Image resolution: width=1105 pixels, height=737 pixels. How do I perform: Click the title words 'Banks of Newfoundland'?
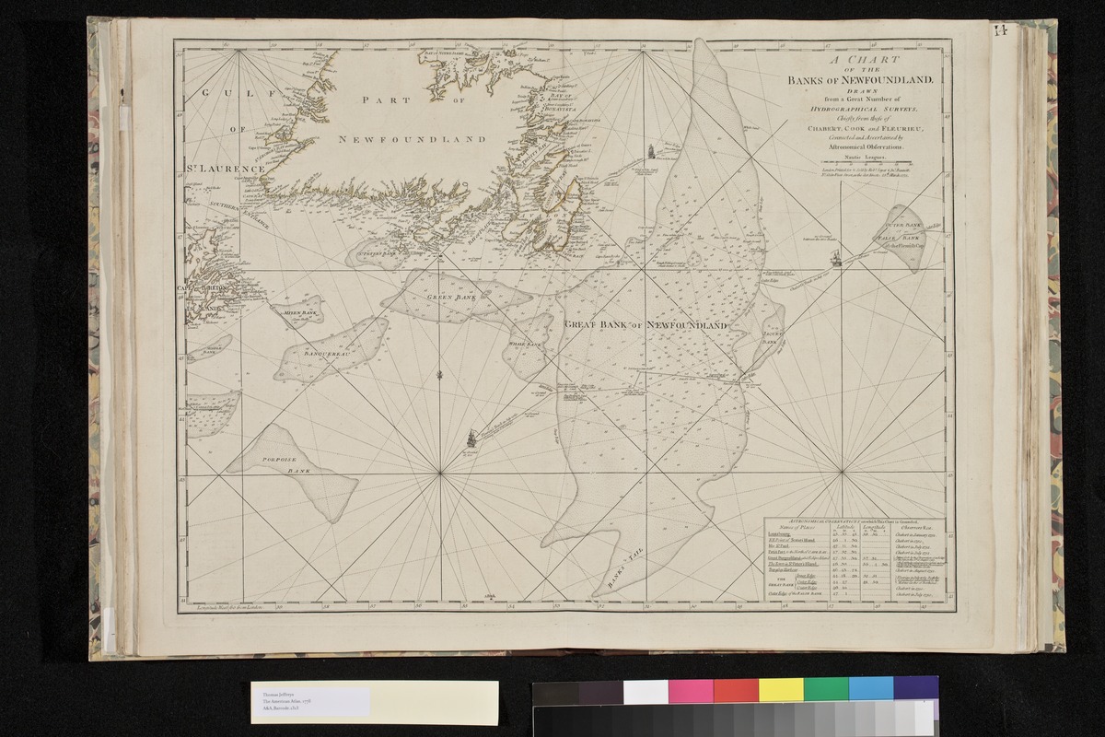click(861, 80)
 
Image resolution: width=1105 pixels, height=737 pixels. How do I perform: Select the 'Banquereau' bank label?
click(327, 352)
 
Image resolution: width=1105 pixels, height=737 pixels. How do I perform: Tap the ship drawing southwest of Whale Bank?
click(473, 439)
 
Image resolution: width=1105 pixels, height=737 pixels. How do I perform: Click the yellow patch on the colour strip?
click(781, 690)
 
